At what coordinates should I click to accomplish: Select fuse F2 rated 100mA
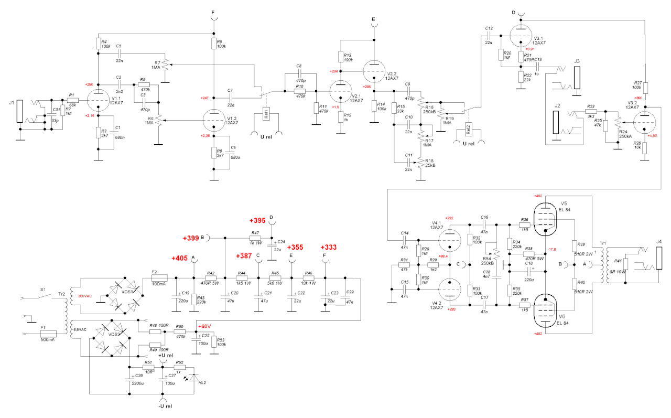[x=159, y=278]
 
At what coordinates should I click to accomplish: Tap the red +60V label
[x=203, y=327]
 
